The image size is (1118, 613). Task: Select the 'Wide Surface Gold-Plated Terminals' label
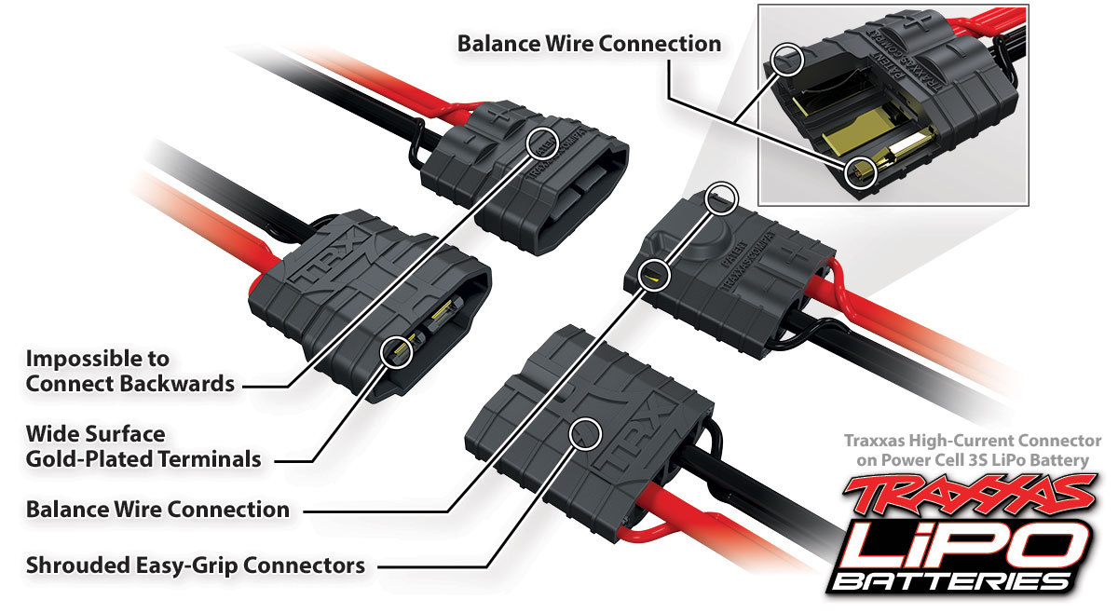[x=143, y=446]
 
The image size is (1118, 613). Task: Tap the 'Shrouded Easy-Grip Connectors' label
[x=195, y=565]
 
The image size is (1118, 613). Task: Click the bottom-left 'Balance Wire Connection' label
[x=157, y=510]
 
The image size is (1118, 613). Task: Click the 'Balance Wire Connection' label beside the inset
[x=589, y=44]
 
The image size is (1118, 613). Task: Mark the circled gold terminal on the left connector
[x=397, y=351]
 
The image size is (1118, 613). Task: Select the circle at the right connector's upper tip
[x=723, y=198]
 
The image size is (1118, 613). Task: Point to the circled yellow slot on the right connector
[x=656, y=275]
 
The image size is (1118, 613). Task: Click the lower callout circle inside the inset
[x=861, y=172]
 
